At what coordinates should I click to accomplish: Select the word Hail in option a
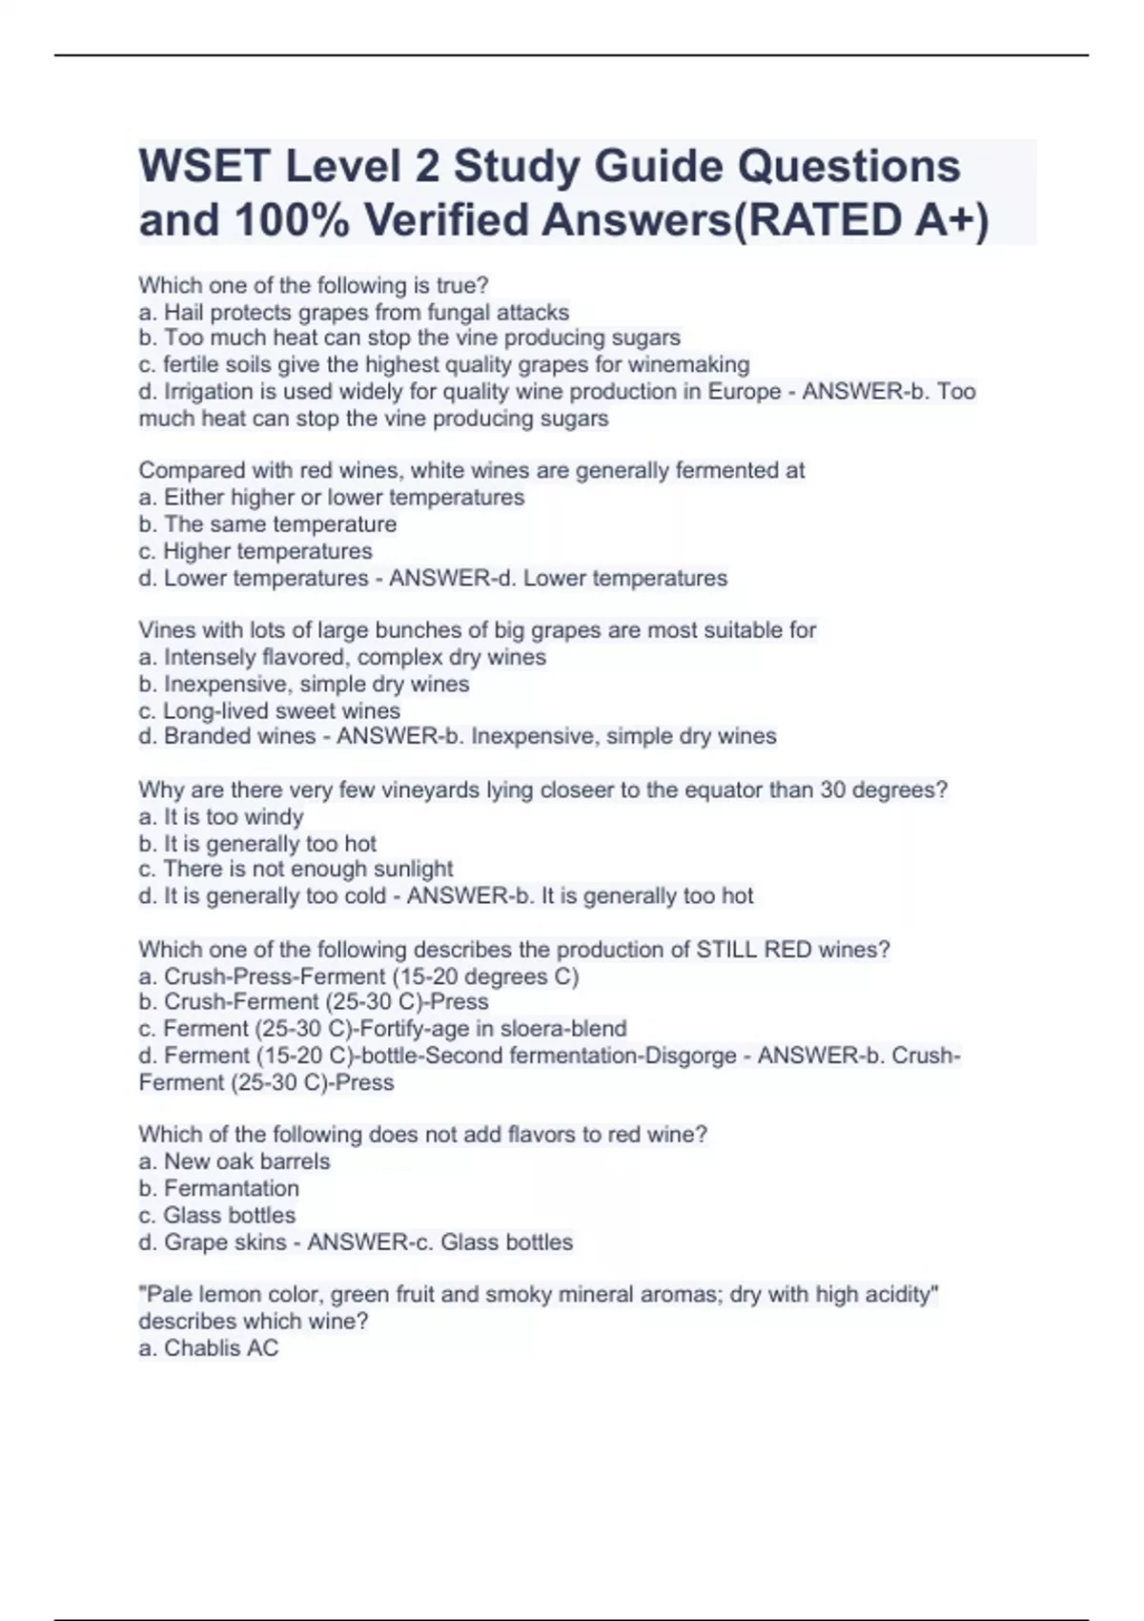[x=184, y=312]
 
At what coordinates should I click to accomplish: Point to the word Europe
[x=744, y=392]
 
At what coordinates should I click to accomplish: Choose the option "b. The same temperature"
[x=268, y=524]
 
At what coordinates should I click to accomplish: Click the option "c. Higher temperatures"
[x=255, y=551]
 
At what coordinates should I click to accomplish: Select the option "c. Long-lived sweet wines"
[x=270, y=710]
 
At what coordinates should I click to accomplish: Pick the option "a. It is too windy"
[x=221, y=816]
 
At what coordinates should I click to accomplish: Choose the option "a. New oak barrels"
[x=235, y=1161]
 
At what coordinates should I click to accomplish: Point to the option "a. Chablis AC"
[x=209, y=1348]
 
